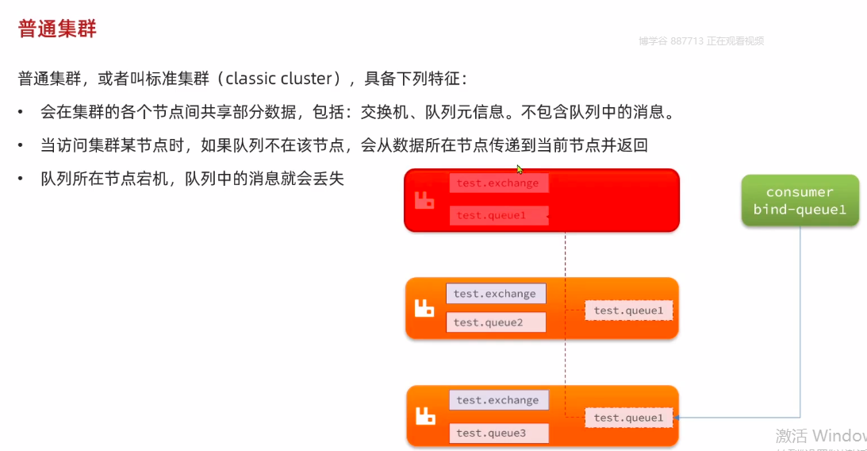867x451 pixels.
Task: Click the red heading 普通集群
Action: click(x=57, y=29)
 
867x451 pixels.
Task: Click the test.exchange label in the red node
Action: click(x=497, y=183)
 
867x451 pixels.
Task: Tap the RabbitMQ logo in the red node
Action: click(x=424, y=200)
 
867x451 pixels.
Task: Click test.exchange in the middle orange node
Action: click(x=495, y=294)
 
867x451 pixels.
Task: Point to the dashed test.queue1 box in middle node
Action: click(x=628, y=310)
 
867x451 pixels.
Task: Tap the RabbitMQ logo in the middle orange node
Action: click(x=424, y=308)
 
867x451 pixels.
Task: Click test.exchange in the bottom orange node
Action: click(x=497, y=400)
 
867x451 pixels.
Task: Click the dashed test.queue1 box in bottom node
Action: click(x=628, y=418)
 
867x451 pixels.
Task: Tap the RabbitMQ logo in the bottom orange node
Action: click(x=426, y=415)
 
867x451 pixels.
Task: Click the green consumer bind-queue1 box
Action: click(x=800, y=201)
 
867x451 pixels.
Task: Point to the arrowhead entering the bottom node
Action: click(x=677, y=418)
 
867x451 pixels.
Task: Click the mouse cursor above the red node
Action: click(x=520, y=168)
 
